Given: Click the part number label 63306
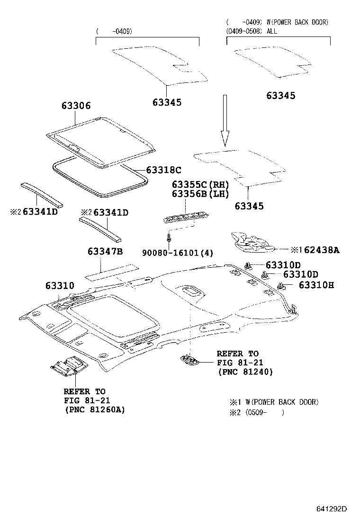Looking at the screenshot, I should [x=75, y=106].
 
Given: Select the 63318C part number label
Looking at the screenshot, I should [x=163, y=170].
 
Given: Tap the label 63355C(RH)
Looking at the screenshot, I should [x=200, y=184].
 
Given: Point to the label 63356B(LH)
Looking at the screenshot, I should [x=200, y=194].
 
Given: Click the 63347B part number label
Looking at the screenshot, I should [x=105, y=251].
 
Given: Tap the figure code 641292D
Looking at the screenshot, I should [x=332, y=509].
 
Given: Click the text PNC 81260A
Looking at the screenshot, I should [x=94, y=409].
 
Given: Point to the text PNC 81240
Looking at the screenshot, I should [x=244, y=373].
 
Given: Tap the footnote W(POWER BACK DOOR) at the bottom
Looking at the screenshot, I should [x=279, y=402].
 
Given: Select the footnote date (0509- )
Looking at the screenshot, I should [x=263, y=412].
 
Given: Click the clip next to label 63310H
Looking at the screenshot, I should [x=281, y=285].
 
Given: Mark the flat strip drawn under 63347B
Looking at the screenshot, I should [x=111, y=271].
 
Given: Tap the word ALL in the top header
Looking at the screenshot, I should [x=271, y=31].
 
